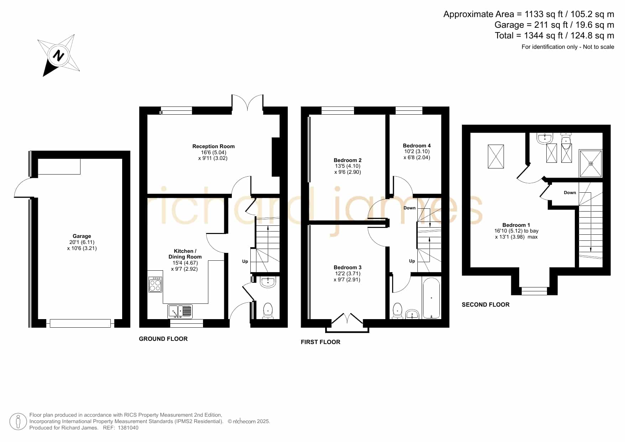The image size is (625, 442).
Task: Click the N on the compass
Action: tap(58, 56)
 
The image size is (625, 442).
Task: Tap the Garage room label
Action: tap(82, 236)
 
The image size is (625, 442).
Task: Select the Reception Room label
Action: tap(213, 146)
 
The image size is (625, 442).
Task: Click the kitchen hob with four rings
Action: tap(155, 285)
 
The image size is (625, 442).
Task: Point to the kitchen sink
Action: tap(180, 311)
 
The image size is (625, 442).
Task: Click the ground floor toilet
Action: tap(268, 311)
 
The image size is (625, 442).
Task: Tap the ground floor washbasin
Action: tap(268, 282)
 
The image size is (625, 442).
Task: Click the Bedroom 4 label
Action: tap(417, 146)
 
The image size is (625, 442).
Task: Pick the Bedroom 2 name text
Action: tap(348, 160)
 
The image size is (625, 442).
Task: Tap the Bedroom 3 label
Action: tap(348, 267)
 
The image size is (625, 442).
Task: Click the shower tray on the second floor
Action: tap(590, 163)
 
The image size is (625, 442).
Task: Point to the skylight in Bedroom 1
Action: tap(496, 156)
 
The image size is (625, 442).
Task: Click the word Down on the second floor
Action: tap(570, 193)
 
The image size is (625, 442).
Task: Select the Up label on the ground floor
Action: tap(245, 261)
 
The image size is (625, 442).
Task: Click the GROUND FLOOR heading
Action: tap(163, 339)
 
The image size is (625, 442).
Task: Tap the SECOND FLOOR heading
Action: tap(485, 305)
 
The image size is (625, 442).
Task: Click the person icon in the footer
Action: tap(18, 422)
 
